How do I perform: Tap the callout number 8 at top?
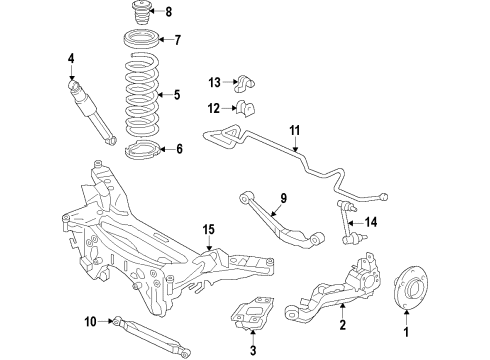point(168,13)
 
